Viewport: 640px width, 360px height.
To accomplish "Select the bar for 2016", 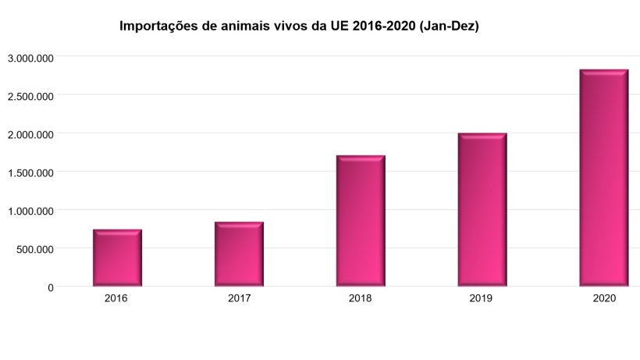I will (117, 258).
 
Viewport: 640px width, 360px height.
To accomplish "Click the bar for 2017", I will (239, 254).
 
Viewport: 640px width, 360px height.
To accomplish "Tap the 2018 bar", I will (361, 221).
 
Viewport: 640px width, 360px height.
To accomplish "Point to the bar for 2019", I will (482, 209).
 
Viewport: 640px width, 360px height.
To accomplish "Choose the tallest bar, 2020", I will (604, 178).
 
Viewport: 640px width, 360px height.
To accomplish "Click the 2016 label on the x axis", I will (117, 298).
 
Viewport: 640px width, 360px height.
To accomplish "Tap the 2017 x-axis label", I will (239, 298).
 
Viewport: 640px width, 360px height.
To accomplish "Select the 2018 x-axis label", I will (361, 298).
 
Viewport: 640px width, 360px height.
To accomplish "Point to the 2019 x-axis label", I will (482, 298).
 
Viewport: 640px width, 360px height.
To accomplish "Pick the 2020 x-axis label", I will (604, 298).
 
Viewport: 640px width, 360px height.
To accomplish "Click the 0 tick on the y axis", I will (50, 287).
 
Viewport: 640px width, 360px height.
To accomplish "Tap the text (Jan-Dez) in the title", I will (448, 27).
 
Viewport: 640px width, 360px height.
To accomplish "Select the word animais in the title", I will (247, 27).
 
